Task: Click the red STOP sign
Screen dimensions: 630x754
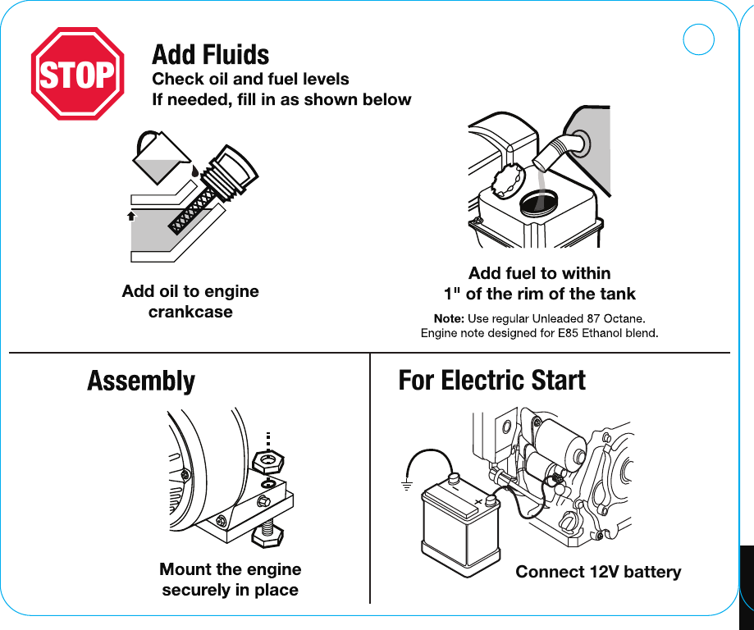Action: (x=77, y=75)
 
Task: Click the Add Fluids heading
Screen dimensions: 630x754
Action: (x=210, y=55)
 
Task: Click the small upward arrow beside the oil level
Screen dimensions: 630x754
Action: (x=130, y=216)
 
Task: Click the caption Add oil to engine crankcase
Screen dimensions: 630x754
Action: (x=190, y=301)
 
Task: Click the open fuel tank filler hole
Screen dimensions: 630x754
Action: (x=539, y=200)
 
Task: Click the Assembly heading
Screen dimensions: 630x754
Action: (x=141, y=381)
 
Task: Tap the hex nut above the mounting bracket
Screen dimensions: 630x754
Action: (x=267, y=462)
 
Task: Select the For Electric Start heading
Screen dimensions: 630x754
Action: (x=491, y=381)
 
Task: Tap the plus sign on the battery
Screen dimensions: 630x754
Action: (x=478, y=501)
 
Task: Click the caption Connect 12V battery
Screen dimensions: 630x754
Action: (x=598, y=572)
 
